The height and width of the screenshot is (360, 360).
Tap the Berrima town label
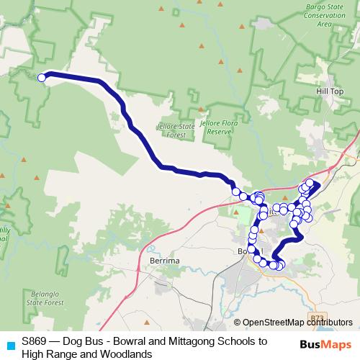159,261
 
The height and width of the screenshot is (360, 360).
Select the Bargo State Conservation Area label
332,15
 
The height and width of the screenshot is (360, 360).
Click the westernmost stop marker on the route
42,78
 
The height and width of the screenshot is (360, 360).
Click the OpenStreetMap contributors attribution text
297,323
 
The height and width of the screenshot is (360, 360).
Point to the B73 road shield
316,317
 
